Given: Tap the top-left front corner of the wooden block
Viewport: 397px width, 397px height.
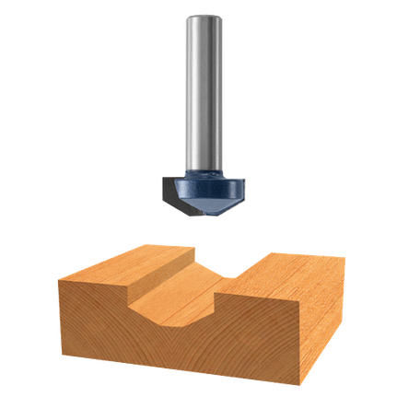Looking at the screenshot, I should (57, 276).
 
